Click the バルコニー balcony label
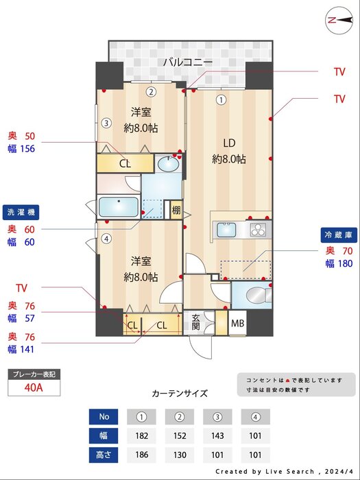(x=187, y=62)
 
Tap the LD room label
(x=229, y=143)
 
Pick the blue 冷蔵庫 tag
(x=339, y=235)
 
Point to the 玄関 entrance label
(x=195, y=322)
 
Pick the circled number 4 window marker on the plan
(x=106, y=239)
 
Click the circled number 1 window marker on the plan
(x=220, y=99)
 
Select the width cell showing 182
(x=142, y=435)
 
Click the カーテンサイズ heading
(x=179, y=394)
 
